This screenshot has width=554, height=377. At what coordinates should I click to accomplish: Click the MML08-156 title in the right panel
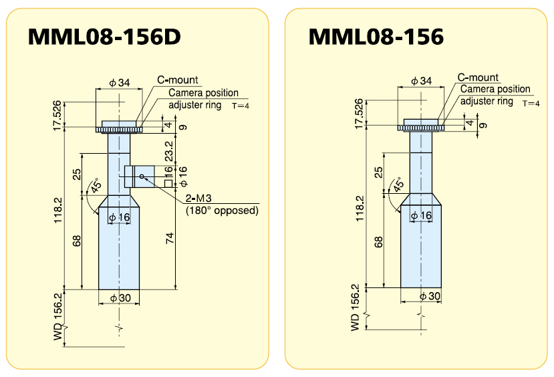[x=376, y=37]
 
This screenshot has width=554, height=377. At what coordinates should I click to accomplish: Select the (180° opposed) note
[x=221, y=211]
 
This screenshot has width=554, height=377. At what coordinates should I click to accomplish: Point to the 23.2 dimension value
[x=168, y=150]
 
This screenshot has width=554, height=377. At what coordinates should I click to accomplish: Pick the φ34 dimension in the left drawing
[x=120, y=83]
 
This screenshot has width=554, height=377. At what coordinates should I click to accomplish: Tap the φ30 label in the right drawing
[x=428, y=295]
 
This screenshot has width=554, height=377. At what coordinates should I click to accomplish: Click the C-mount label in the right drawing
[x=478, y=78]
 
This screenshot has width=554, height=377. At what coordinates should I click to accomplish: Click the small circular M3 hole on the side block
[x=142, y=177]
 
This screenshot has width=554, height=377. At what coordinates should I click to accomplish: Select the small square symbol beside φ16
[x=168, y=183]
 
